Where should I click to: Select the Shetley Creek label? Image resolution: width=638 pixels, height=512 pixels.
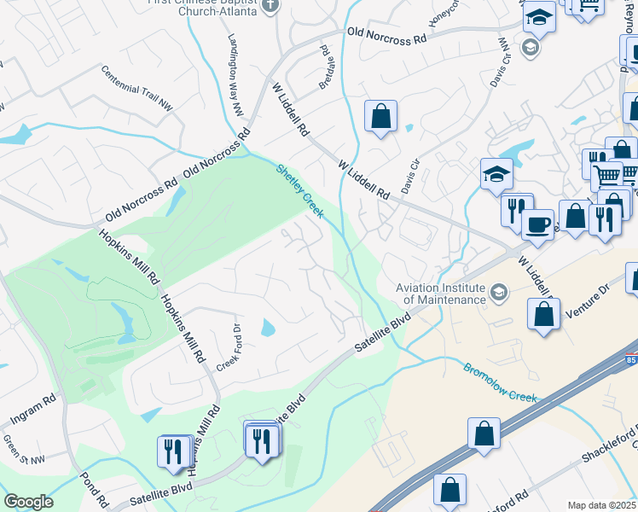click(x=299, y=190)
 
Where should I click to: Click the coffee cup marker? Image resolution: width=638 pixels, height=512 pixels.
click(x=537, y=224)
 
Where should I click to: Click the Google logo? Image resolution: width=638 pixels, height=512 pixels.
click(x=28, y=502)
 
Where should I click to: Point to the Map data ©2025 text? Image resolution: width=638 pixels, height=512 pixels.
click(x=601, y=505)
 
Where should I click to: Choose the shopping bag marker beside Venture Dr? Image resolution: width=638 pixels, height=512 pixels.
click(x=543, y=314)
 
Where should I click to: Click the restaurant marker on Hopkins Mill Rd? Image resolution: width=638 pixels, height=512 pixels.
click(x=173, y=450)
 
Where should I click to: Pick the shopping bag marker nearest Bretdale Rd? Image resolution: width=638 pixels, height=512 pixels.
click(x=380, y=115)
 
